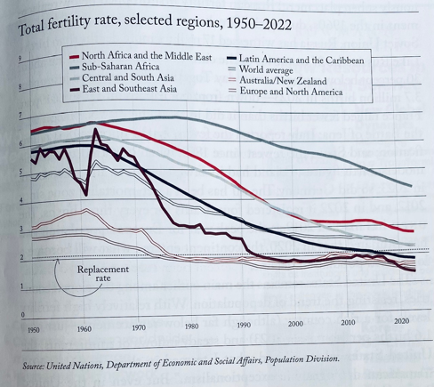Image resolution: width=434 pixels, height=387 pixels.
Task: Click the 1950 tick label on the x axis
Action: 33,330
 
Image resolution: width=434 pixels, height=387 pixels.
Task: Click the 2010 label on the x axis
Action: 347,322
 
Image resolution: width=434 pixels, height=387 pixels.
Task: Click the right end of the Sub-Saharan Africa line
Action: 410,186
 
